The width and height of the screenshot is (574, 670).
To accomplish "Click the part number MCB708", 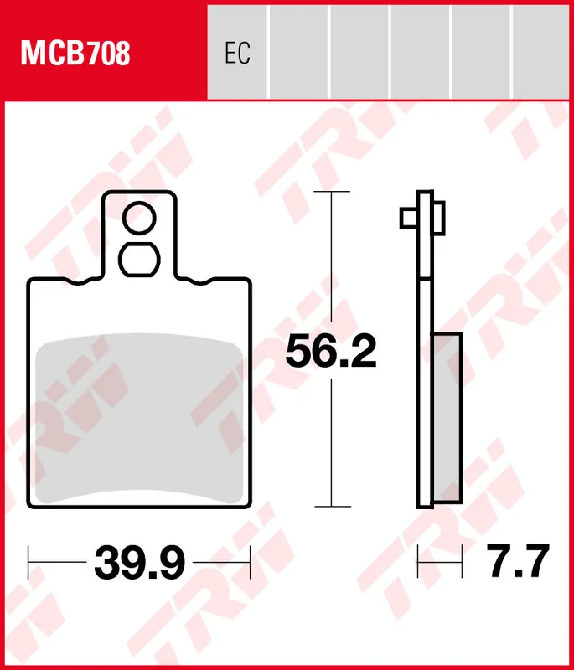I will point(75,54).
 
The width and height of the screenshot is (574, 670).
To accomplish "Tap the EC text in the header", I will point(237,54).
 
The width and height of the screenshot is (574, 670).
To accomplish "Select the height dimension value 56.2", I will point(331,352).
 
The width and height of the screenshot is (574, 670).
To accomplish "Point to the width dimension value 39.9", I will point(139,563).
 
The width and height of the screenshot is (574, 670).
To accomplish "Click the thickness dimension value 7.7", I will point(519,563).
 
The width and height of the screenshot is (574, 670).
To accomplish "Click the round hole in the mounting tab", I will point(139,219).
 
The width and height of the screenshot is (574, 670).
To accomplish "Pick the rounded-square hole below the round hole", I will point(139,259).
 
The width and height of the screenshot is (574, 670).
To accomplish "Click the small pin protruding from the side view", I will point(408,218).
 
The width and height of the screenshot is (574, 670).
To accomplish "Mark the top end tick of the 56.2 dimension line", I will point(332,193).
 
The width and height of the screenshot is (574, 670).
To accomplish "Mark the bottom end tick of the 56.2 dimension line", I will point(332,507).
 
